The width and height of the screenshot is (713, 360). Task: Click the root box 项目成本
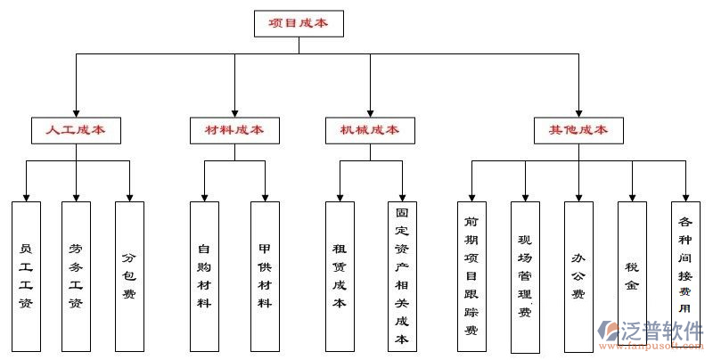[x=298, y=23]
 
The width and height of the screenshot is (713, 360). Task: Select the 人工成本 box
[x=76, y=130]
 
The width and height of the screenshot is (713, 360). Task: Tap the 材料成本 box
[x=234, y=130]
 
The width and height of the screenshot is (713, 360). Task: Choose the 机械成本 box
[x=370, y=130]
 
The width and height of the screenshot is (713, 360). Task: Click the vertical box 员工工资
[x=26, y=274]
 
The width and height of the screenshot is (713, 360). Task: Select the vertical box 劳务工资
[x=76, y=274]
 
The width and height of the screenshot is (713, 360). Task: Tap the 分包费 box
[x=129, y=274]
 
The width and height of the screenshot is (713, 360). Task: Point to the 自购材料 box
[x=204, y=274]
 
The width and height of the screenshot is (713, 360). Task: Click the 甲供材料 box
[x=265, y=274]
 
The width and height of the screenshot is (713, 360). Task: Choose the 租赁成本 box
[x=340, y=274]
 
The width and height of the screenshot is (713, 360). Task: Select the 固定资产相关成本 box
[x=402, y=274]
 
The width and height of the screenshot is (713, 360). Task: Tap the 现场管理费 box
[x=525, y=274]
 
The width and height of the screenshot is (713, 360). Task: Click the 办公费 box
[x=578, y=274]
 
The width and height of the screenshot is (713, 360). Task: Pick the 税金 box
[x=632, y=267]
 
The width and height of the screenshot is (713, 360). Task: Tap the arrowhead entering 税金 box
[x=632, y=196]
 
